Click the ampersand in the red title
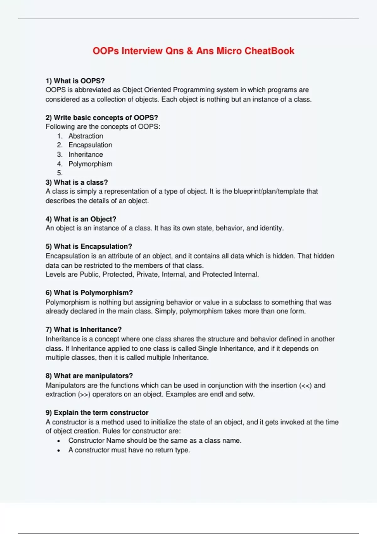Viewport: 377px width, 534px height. tap(190, 51)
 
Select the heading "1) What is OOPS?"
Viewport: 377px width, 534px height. tap(75, 81)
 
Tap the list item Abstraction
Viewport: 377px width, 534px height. tap(86, 136)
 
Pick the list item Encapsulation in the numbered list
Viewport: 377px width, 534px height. tap(90, 145)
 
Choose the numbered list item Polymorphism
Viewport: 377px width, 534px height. tap(90, 164)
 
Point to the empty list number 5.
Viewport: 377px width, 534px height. tap(60, 173)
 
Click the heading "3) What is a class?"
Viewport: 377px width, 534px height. tap(77, 183)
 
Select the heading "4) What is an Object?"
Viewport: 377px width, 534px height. tap(81, 219)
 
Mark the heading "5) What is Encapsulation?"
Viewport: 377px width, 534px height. tap(89, 247)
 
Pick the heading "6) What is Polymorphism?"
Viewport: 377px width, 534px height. tap(89, 293)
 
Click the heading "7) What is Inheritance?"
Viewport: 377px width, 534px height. tap(84, 330)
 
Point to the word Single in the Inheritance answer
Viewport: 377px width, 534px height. tap(207, 349)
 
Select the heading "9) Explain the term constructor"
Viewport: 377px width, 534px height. tap(97, 413)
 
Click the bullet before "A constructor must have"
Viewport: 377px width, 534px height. tap(59, 450)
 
